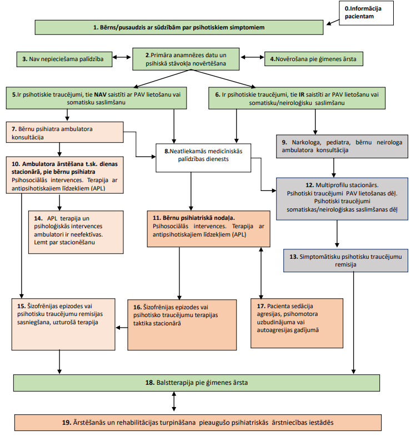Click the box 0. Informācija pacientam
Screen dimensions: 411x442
[366, 13]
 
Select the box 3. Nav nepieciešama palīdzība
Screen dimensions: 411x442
[64, 59]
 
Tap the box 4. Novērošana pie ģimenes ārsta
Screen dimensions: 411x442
[313, 59]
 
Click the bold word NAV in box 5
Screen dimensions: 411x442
[100, 94]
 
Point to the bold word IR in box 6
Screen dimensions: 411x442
[302, 95]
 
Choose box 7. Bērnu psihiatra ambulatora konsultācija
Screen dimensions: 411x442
[64, 132]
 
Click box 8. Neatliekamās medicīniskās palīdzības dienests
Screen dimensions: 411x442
[203, 158]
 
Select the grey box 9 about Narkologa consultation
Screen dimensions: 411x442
[342, 146]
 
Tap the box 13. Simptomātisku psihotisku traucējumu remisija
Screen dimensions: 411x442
[345, 260]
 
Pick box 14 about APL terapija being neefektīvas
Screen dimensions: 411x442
[76, 232]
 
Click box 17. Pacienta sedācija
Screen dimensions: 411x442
[297, 323]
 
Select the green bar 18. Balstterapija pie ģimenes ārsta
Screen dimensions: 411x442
[197, 383]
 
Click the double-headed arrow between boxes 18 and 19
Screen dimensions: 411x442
[174, 401]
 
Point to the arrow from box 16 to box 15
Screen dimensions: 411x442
[122, 328]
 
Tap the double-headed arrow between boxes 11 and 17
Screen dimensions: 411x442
[261, 273]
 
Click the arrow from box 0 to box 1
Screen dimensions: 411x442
[333, 22]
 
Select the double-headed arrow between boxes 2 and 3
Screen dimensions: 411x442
[122, 57]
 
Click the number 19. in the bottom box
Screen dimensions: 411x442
[67, 423]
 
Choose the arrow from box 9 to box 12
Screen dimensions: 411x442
[334, 168]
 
